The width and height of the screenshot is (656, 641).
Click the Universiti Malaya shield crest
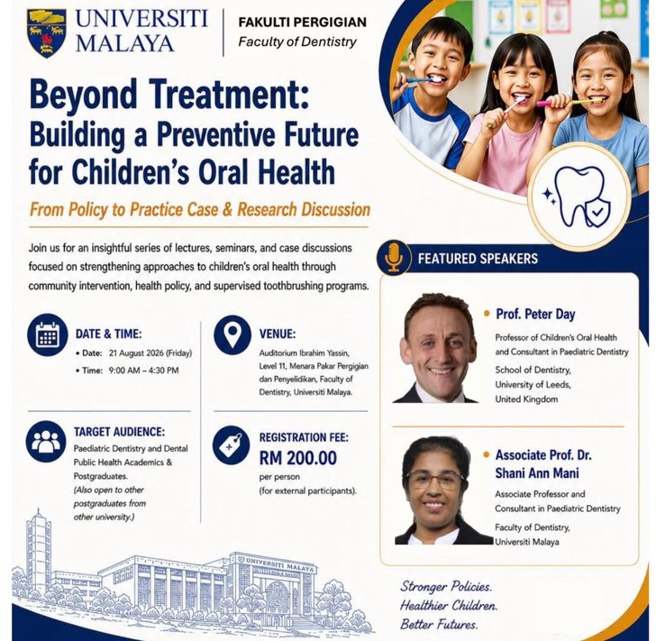pyautogui.click(x=47, y=33)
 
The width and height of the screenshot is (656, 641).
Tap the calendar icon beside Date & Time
pyautogui.click(x=48, y=335)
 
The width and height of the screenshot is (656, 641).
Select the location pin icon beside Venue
pyautogui.click(x=232, y=335)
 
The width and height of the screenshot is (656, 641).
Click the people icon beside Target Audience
pyautogui.click(x=46, y=441)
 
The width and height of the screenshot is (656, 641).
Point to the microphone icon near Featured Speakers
pyautogui.click(x=394, y=258)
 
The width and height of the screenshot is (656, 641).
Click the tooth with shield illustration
pyautogui.click(x=580, y=197)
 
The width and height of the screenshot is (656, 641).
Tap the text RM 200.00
pyautogui.click(x=298, y=458)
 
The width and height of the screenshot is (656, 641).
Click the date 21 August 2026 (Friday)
pyautogui.click(x=150, y=353)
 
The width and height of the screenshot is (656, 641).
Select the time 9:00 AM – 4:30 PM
pyautogui.click(x=143, y=371)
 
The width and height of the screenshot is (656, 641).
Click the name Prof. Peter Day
pyautogui.click(x=535, y=314)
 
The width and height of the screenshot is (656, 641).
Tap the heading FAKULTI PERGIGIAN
pyautogui.click(x=302, y=22)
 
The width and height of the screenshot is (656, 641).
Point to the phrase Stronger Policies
pyautogui.click(x=446, y=586)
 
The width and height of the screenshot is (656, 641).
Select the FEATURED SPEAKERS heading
pyautogui.click(x=478, y=259)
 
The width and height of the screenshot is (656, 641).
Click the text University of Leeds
pyautogui.click(x=533, y=384)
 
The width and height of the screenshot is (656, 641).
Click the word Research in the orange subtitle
pyautogui.click(x=268, y=209)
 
